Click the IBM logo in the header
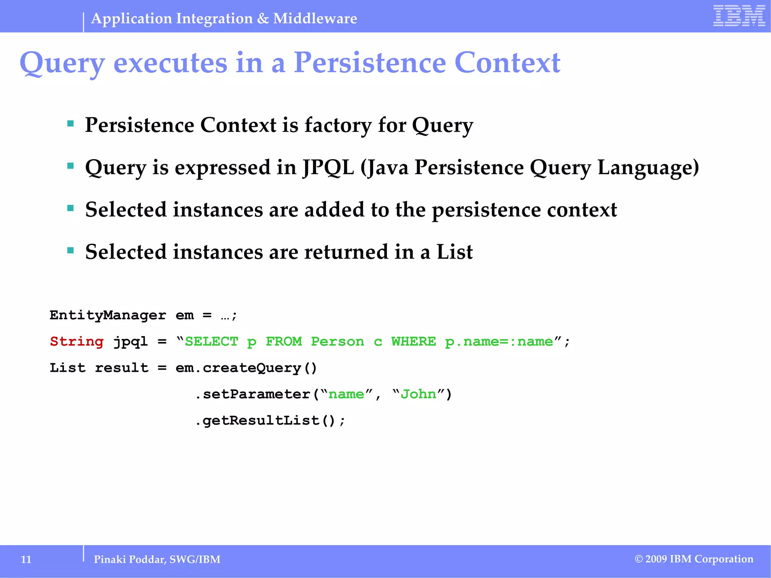739,16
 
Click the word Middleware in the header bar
315,18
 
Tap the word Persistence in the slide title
370,62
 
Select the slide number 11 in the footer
26,559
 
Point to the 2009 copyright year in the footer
656,559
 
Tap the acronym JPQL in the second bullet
328,167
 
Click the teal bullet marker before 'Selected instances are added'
70,208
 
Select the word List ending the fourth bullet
454,252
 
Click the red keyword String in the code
77,341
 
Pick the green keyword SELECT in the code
211,341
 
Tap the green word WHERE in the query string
413,341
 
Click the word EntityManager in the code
108,315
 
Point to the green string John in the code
418,394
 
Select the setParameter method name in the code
256,394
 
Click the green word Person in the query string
337,341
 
